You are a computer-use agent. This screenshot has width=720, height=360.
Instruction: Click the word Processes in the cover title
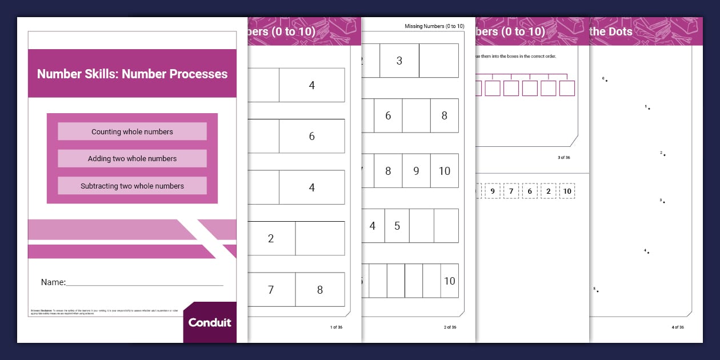pos(198,74)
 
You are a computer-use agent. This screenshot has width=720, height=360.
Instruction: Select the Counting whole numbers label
pos(132,131)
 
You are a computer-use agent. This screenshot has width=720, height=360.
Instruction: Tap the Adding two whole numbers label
pos(132,159)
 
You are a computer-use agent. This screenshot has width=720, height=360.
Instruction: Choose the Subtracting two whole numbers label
pos(132,186)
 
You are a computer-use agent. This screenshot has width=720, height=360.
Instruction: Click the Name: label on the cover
pos(53,282)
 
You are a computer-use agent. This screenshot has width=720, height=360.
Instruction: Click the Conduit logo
pos(210,322)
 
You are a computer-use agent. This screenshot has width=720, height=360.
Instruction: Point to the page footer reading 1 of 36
pos(337,327)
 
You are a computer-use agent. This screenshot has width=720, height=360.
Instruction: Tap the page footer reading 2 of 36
pos(450,327)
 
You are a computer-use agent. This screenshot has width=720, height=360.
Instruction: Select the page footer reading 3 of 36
pos(563,157)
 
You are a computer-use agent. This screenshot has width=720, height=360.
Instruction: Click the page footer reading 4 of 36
pos(677,327)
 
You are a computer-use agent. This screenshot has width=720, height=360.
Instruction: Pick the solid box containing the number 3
pos(399,61)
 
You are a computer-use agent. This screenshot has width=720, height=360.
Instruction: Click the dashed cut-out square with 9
pos(493,191)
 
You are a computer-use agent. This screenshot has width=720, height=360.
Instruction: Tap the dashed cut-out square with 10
pos(566,191)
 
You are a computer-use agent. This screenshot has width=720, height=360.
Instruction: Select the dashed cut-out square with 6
pos(530,191)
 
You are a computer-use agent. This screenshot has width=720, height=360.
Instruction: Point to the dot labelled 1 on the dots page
pos(649,109)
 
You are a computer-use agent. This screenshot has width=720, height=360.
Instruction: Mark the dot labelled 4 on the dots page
pos(648,253)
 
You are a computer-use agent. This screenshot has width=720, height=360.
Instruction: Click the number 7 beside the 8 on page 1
pos(270,290)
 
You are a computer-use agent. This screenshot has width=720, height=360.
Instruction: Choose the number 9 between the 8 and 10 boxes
pos(416,171)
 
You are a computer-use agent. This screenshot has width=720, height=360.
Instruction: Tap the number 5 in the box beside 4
pos(397,226)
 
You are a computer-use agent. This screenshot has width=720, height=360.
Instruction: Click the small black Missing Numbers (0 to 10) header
pos(434,26)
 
